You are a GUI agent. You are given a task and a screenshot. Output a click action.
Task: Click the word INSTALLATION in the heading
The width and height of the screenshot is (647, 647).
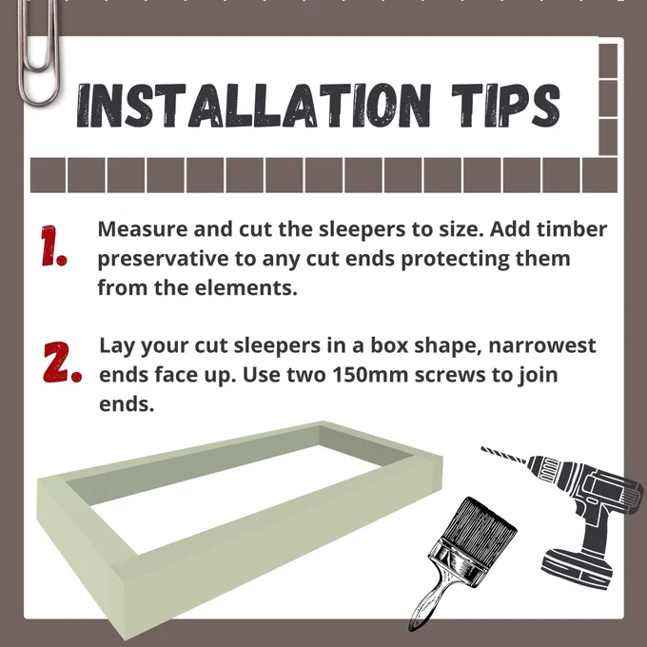[x=254, y=105]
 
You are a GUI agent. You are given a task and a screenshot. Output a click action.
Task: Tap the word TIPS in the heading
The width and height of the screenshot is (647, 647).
[x=506, y=105]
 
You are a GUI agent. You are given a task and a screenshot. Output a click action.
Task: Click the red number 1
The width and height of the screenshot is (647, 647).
[x=53, y=245]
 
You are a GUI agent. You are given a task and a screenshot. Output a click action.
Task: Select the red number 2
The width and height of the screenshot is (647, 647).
[x=62, y=362]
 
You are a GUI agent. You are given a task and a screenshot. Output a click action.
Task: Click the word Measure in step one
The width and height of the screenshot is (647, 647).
[x=143, y=228]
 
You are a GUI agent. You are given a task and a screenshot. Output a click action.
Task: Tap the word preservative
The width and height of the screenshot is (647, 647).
[x=163, y=260]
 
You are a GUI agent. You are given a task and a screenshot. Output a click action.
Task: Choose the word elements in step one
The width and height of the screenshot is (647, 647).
[x=245, y=287]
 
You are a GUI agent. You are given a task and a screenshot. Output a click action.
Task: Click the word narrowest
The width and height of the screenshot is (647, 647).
[x=541, y=345]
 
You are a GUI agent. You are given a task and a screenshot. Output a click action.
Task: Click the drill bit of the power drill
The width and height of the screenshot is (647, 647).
[x=504, y=454]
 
